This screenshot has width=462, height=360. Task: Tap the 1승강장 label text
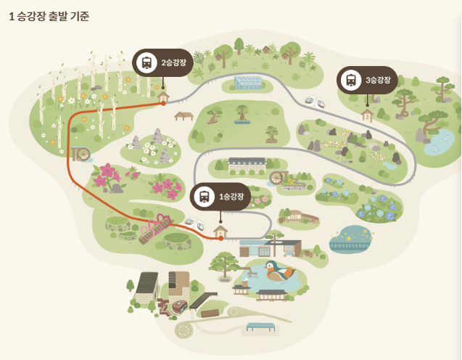[x=232, y=197]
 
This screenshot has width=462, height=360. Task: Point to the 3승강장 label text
[x=378, y=80]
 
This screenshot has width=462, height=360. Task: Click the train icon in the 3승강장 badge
[x=351, y=80]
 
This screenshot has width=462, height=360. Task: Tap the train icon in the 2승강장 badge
[x=147, y=63]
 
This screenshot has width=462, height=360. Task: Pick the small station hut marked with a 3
[x=367, y=114]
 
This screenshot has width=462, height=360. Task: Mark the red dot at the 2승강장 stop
[x=163, y=103]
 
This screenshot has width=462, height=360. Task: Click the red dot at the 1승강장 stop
[x=220, y=238]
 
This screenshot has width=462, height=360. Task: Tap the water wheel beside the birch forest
[x=81, y=154]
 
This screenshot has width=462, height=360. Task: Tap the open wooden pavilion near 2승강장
[x=183, y=115]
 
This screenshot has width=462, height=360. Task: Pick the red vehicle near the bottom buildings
[x=179, y=306]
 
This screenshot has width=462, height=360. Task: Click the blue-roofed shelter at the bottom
[x=261, y=327]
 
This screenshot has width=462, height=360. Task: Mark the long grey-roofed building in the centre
[x=247, y=165]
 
